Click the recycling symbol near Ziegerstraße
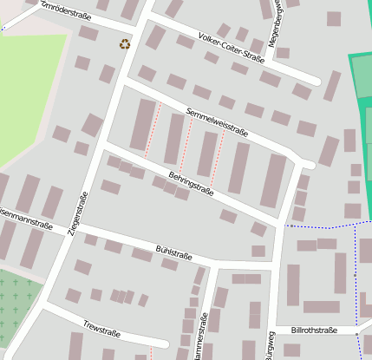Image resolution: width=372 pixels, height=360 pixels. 125,43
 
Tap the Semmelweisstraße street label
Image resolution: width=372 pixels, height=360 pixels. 217,122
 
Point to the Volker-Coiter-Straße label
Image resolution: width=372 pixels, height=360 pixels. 231,49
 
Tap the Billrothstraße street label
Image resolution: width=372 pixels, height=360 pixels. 314,331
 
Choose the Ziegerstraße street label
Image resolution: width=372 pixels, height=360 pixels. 79,213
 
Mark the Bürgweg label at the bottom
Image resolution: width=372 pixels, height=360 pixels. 271,346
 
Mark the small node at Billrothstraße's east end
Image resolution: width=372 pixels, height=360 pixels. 356,331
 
